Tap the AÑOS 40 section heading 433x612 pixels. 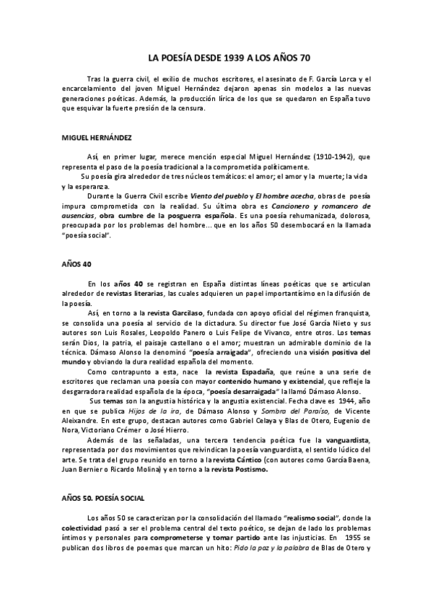point(73,265)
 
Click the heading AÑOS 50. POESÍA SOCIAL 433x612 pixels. point(103,497)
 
